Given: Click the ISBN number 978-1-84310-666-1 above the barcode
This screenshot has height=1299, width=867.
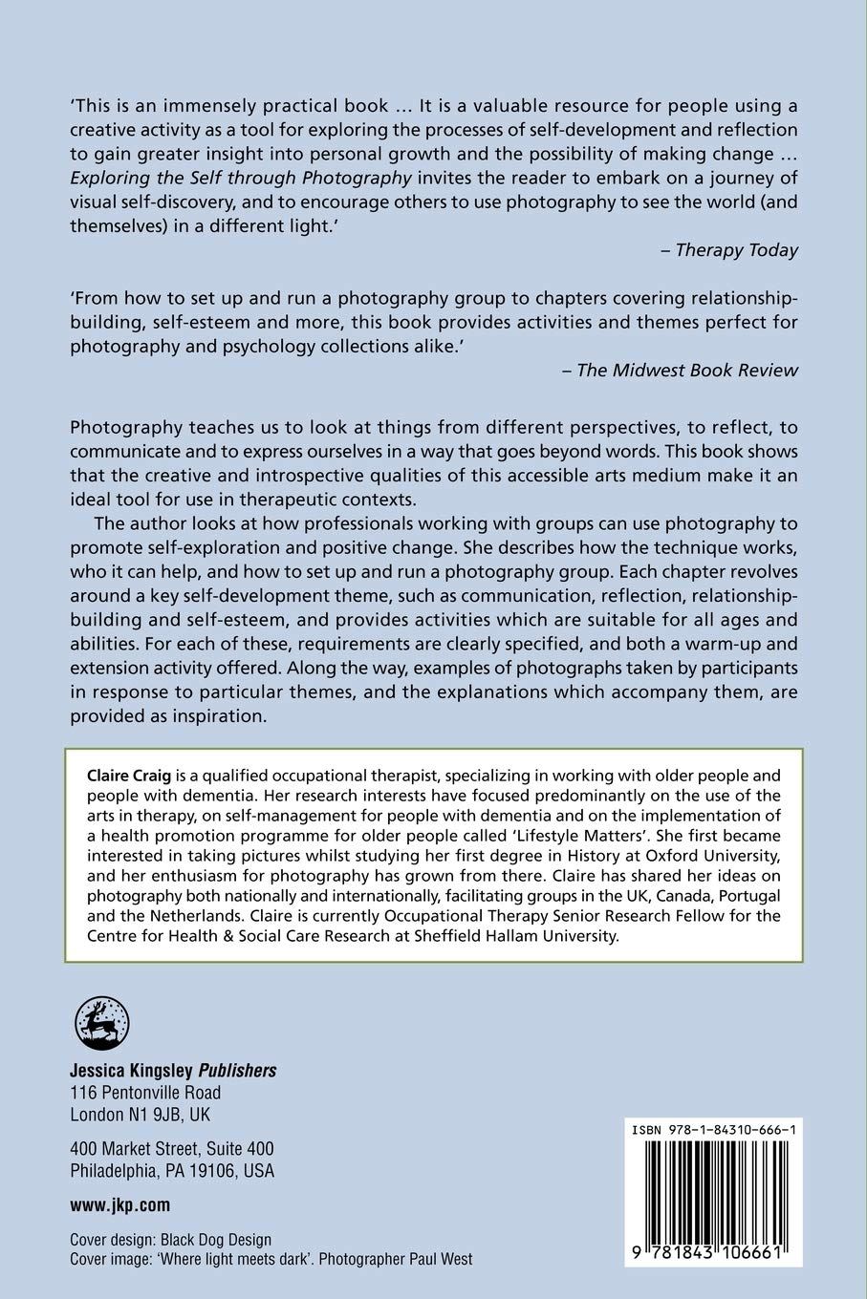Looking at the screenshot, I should coord(715,1130).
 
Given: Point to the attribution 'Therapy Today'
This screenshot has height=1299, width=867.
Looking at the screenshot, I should coord(736,250).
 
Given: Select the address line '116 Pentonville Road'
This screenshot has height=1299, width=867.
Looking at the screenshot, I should coord(145,1092).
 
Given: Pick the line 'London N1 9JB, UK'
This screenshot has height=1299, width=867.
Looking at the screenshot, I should coord(141,1115).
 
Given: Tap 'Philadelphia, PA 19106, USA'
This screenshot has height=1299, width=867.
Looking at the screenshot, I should coord(172,1170).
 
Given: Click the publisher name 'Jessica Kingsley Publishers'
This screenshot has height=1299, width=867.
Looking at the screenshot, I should coord(173,1070).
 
